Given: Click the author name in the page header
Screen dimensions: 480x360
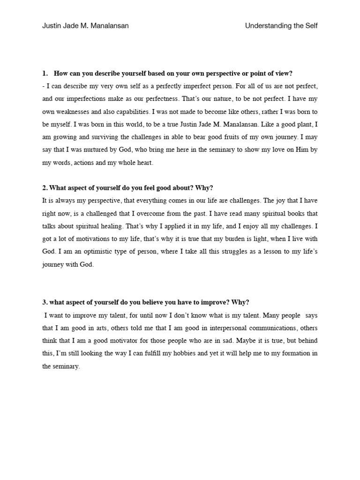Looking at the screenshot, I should [85, 26].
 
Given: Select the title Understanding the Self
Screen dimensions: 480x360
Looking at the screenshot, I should [281, 26].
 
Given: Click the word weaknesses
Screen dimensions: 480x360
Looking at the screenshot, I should [73, 112].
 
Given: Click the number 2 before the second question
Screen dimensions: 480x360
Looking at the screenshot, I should [44, 188].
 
